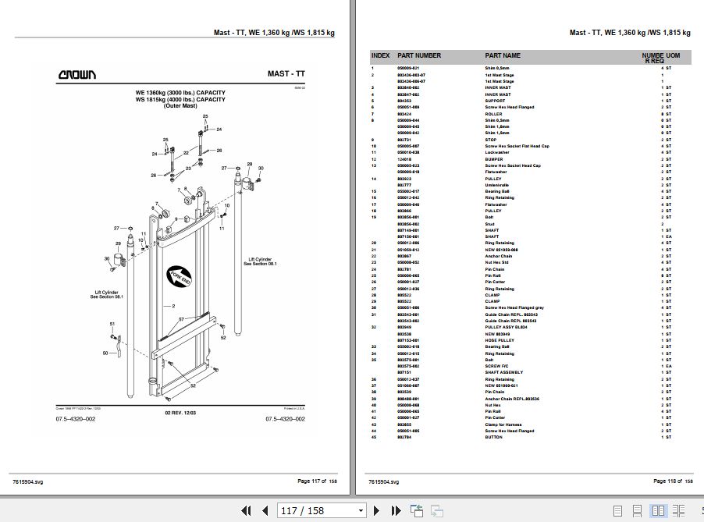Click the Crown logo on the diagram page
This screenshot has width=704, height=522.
(77, 75)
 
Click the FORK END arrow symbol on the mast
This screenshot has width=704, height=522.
(178, 274)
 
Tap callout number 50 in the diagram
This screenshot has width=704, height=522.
(105, 353)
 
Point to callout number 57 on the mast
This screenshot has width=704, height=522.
(181, 318)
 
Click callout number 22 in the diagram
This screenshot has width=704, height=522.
(186, 152)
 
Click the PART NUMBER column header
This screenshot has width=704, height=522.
(419, 55)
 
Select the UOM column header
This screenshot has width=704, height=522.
(673, 55)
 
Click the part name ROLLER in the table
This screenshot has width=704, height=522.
(493, 114)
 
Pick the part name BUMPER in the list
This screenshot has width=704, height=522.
(495, 159)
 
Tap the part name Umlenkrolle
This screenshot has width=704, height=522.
(497, 185)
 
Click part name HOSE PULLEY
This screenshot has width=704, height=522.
(500, 340)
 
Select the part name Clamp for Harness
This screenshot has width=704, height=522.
(504, 424)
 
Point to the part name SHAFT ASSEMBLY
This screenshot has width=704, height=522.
(504, 372)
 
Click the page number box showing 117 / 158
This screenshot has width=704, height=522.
(321, 511)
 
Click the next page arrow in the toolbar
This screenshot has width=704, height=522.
(376, 511)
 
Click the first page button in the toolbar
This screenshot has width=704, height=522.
(246, 511)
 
